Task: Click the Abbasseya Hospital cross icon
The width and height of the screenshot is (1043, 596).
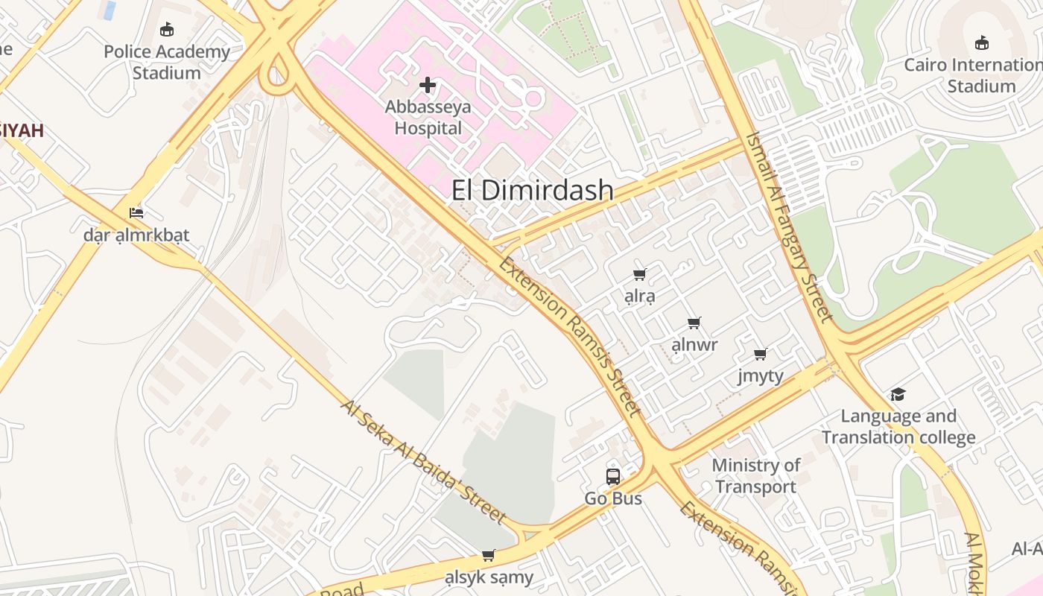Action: pyautogui.click(x=428, y=85)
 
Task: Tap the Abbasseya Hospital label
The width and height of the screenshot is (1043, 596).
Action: pyautogui.click(x=428, y=118)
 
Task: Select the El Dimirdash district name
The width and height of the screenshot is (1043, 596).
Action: pyautogui.click(x=533, y=191)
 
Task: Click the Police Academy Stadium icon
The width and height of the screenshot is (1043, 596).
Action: pyautogui.click(x=167, y=30)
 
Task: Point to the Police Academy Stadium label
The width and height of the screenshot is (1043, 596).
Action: pyautogui.click(x=167, y=63)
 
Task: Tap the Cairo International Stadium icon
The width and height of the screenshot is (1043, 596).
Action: pyautogui.click(x=982, y=42)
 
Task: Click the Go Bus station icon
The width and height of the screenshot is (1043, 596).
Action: pyautogui.click(x=613, y=477)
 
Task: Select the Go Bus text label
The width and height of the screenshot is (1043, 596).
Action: pyautogui.click(x=613, y=498)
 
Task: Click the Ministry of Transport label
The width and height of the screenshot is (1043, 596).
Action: pyautogui.click(x=755, y=476)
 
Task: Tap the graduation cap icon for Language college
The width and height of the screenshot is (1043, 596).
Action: pyautogui.click(x=898, y=394)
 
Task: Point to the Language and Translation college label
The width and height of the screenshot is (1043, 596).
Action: pyautogui.click(x=898, y=427)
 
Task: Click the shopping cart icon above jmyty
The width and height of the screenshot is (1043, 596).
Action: pyautogui.click(x=761, y=355)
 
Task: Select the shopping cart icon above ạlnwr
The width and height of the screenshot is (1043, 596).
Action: pyautogui.click(x=694, y=323)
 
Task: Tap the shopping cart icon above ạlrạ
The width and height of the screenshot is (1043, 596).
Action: pyautogui.click(x=640, y=274)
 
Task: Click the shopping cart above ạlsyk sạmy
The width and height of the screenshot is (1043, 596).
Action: pyautogui.click(x=489, y=555)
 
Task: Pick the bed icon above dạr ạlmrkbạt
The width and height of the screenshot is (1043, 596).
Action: pyautogui.click(x=136, y=213)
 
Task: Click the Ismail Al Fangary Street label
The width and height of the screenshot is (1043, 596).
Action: pyautogui.click(x=789, y=226)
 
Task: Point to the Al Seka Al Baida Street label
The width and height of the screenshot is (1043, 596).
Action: pyautogui.click(x=424, y=461)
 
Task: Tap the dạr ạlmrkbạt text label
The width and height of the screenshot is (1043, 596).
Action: pyautogui.click(x=136, y=235)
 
